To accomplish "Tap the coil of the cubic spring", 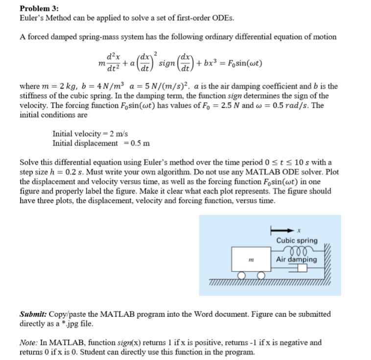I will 296,249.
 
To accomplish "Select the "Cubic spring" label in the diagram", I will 297,240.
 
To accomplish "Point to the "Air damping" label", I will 296,259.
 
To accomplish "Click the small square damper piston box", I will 300,268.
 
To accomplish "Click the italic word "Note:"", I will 30,343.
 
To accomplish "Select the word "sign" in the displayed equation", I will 169,64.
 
